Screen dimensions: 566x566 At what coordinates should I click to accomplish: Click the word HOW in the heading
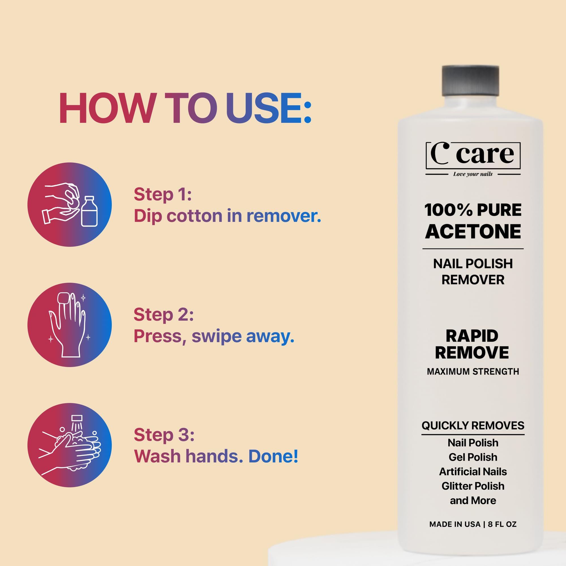tap(107, 108)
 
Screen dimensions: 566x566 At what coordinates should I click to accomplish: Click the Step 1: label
tap(163, 194)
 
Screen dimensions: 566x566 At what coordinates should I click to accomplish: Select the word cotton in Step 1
tap(194, 216)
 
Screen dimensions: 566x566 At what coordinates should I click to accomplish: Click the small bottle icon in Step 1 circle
tap(89, 211)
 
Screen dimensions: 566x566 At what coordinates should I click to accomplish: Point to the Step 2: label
tap(164, 315)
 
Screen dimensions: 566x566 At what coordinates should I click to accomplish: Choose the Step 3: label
tap(164, 435)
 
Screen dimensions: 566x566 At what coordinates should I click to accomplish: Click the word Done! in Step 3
tap(273, 456)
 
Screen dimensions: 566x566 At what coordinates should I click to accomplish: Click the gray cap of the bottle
tap(470, 81)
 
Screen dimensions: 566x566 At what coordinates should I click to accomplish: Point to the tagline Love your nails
tap(473, 174)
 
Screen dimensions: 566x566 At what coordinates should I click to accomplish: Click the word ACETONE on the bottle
tap(473, 232)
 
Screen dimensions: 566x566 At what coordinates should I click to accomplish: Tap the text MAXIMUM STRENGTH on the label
tap(473, 372)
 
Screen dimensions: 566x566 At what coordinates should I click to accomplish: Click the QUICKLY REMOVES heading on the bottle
tap(473, 425)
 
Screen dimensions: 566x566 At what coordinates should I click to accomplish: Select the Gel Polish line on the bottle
tap(473, 457)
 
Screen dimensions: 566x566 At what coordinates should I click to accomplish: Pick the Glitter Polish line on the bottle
tap(473, 486)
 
